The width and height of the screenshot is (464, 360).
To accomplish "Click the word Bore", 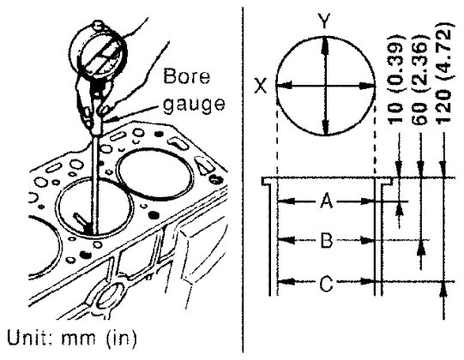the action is (187, 76).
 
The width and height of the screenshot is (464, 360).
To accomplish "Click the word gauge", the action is (194, 105).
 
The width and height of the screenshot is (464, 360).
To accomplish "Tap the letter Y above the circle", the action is (324, 22).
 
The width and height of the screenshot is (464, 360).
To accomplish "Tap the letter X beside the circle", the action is (261, 86).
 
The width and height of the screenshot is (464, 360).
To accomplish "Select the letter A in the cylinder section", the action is (327, 201).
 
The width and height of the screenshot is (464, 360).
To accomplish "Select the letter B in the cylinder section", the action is (327, 240).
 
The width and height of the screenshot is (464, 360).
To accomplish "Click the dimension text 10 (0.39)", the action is (395, 79).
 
